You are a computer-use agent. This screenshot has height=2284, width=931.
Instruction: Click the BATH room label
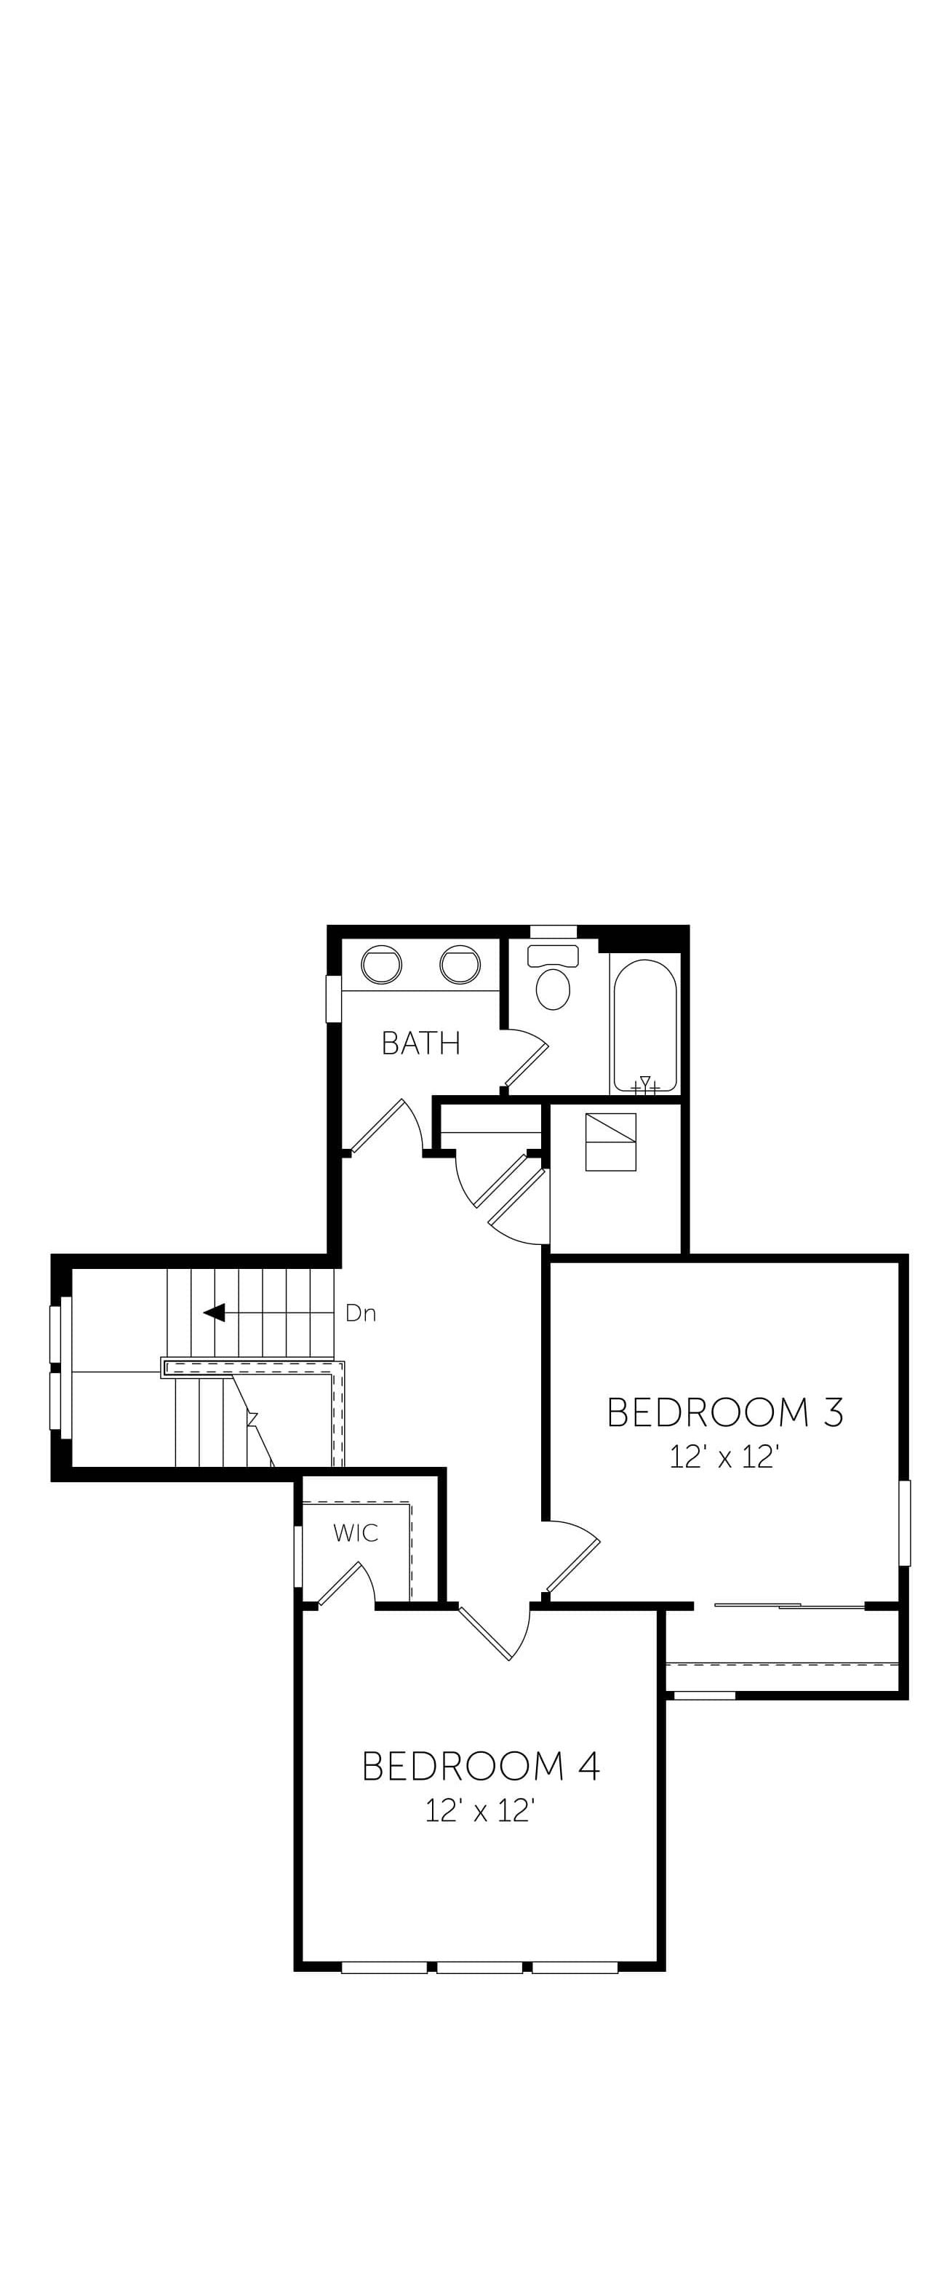pyautogui.click(x=420, y=1043)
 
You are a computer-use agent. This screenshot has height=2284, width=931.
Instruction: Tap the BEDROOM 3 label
pyautogui.click(x=724, y=1412)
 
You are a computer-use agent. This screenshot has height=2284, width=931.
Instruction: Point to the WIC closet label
pyautogui.click(x=356, y=1533)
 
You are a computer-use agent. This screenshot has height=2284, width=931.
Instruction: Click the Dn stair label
pyautogui.click(x=361, y=1313)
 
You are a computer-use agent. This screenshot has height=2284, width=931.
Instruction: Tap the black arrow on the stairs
pyautogui.click(x=214, y=1312)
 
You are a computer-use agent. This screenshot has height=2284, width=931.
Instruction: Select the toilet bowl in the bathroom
pyautogui.click(x=554, y=989)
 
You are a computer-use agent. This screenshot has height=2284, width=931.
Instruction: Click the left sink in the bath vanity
pyautogui.click(x=381, y=965)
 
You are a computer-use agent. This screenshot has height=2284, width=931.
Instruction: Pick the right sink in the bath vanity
pyautogui.click(x=460, y=965)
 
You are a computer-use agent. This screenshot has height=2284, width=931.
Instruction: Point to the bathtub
pyautogui.click(x=645, y=1025)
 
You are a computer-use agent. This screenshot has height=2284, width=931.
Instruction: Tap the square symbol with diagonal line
pyautogui.click(x=611, y=1142)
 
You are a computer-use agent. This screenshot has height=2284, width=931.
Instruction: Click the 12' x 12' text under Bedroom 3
pyautogui.click(x=724, y=1457)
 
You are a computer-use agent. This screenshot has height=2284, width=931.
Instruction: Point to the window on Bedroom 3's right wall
pyautogui.click(x=904, y=1523)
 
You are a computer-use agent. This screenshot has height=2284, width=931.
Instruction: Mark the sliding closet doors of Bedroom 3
pyautogui.click(x=789, y=1605)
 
